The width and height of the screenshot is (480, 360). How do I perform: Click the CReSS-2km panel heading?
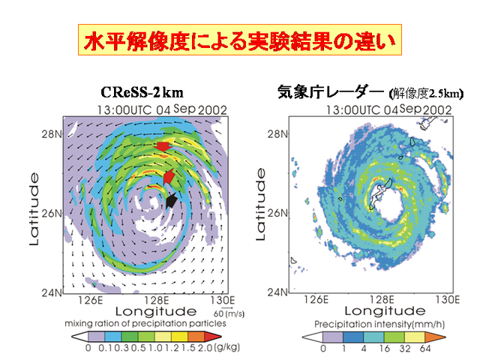click(x=142, y=92)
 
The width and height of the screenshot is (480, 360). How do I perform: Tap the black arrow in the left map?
click(x=172, y=200)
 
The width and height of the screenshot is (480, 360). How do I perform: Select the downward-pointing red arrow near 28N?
click(x=163, y=147)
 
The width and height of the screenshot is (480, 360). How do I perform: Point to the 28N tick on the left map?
click(x=52, y=134)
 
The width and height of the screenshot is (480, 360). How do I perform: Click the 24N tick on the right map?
click(x=277, y=292)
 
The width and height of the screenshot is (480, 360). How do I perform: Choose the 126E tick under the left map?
click(x=90, y=300)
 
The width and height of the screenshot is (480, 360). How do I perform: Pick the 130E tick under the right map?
click(x=448, y=299)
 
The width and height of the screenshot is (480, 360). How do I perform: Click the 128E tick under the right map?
click(x=382, y=299)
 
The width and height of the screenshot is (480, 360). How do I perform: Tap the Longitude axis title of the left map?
click(x=156, y=312)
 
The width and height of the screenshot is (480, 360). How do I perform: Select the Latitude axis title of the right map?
click(x=260, y=205)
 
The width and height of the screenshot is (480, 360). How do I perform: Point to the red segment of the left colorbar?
click(x=212, y=337)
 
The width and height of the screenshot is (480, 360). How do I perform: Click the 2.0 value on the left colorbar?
click(x=205, y=348)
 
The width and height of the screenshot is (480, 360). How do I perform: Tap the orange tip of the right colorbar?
click(x=435, y=337)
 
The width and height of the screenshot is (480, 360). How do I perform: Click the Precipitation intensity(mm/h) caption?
click(x=379, y=324)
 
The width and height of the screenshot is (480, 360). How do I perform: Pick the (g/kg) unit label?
click(x=226, y=347)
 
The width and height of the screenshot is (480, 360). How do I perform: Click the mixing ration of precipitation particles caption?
click(x=145, y=323)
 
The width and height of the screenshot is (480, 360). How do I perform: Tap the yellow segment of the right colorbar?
click(x=415, y=337)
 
